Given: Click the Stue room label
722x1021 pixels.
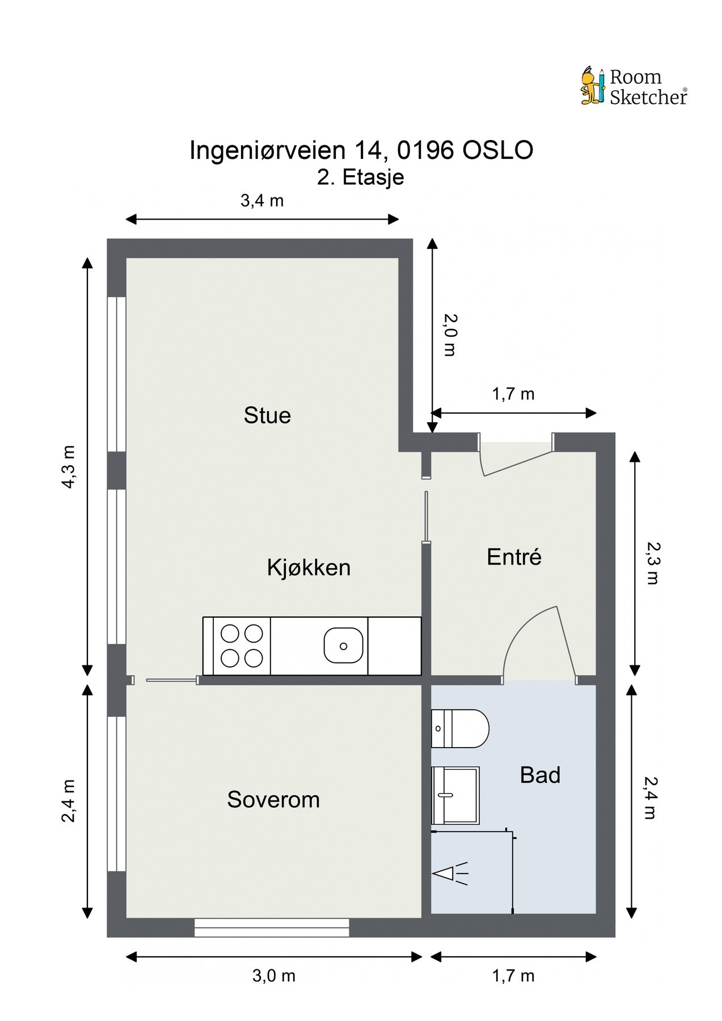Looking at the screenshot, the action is click(267, 415).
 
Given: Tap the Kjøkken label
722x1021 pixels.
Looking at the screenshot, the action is click(309, 567).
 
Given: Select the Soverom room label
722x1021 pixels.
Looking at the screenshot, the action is click(273, 799).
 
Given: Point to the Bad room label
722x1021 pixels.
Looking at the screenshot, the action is click(540, 775).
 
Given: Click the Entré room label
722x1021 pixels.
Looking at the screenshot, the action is click(514, 556).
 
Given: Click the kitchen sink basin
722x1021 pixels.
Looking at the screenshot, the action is click(343, 645).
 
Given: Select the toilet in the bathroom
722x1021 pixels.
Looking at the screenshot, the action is click(460, 728).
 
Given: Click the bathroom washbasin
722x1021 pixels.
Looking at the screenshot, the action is click(455, 795).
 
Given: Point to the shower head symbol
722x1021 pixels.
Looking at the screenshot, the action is click(450, 874).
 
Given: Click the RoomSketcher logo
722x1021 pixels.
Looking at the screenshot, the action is click(634, 86).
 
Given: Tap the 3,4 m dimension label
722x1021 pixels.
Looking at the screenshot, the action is click(262, 200).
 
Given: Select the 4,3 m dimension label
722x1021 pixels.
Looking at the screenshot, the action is click(69, 466).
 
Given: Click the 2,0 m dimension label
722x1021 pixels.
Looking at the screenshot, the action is click(449, 335).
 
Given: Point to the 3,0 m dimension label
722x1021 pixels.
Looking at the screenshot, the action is click(274, 976).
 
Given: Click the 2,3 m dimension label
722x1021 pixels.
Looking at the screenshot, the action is click(652, 563).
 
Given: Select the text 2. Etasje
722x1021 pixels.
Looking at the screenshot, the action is click(361, 177).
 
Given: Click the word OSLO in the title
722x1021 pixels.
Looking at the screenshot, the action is click(498, 150).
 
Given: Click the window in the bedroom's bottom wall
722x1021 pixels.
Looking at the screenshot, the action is click(272, 928).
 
